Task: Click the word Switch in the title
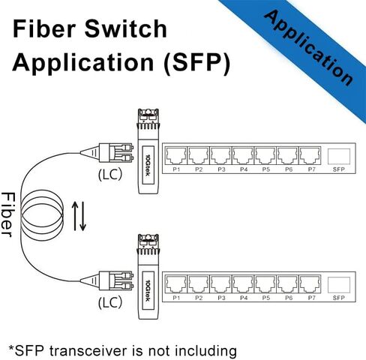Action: point(126,28)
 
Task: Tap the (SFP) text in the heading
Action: point(196,62)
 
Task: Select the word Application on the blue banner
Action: point(309,47)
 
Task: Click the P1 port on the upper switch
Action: point(176,156)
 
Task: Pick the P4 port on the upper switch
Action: point(243,156)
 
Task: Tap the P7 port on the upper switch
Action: point(310,156)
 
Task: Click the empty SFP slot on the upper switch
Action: point(339,157)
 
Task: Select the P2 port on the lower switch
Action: point(199,284)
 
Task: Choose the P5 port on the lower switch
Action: point(265,284)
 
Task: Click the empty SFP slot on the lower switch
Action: point(339,285)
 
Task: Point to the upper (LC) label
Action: point(110,174)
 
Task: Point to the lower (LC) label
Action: point(110,302)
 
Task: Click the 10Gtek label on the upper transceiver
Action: point(148,165)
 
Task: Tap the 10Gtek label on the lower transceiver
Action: point(148,290)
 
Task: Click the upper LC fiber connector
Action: point(106,152)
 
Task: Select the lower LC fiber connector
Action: point(106,280)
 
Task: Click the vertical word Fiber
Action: point(8,214)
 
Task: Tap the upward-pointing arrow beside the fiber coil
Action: point(75,216)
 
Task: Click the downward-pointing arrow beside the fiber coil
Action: point(82,216)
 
